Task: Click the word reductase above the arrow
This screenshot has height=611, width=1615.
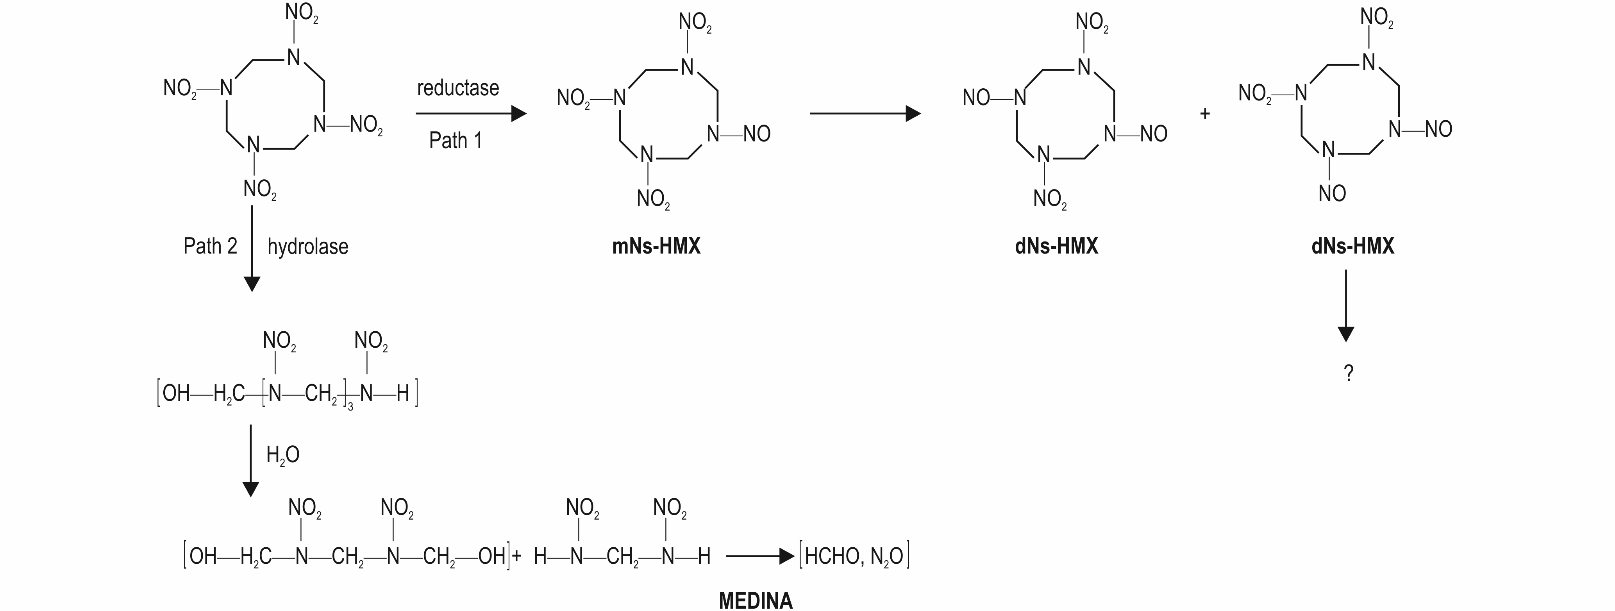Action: pos(458,88)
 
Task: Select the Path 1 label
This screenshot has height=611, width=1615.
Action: pos(456,140)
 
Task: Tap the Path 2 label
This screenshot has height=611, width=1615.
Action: pos(210,246)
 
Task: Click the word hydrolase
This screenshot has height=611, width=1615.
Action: pos(308,246)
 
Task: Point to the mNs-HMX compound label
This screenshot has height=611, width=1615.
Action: pos(656,246)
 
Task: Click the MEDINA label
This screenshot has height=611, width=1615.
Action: pos(756,600)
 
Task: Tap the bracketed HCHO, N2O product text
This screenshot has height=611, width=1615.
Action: pos(854,556)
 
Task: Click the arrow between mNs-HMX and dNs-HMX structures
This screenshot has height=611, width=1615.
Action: pos(865,113)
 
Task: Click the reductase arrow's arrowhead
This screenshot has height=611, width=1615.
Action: pos(518,113)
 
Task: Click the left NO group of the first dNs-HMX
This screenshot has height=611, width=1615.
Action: pos(977,98)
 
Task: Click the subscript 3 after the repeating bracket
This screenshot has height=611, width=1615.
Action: pos(350,407)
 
